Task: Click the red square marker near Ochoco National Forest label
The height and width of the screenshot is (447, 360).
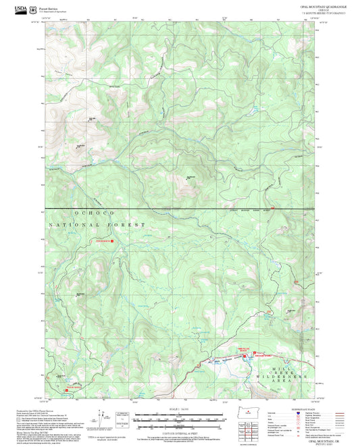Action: coord(113,240)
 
